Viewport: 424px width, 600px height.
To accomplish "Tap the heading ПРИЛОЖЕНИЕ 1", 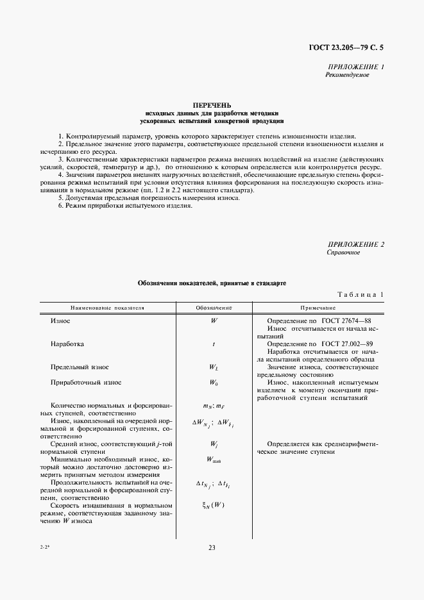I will (x=355, y=67).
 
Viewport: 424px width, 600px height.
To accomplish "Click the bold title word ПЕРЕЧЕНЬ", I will (x=212, y=105).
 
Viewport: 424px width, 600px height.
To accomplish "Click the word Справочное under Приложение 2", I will (x=344, y=253).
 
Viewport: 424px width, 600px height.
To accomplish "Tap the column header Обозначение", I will (x=213, y=308).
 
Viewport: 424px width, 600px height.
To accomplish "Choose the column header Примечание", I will (x=318, y=308).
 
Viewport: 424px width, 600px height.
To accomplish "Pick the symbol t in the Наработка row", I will (x=213, y=344).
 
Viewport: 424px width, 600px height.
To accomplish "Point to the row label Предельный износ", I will (x=80, y=367).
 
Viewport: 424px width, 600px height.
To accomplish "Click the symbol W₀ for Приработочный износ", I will (x=213, y=383).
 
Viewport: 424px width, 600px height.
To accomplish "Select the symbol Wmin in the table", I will (x=213, y=460).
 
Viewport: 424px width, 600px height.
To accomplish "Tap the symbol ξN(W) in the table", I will (x=213, y=506).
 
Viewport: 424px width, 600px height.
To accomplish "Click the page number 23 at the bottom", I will (x=212, y=547).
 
